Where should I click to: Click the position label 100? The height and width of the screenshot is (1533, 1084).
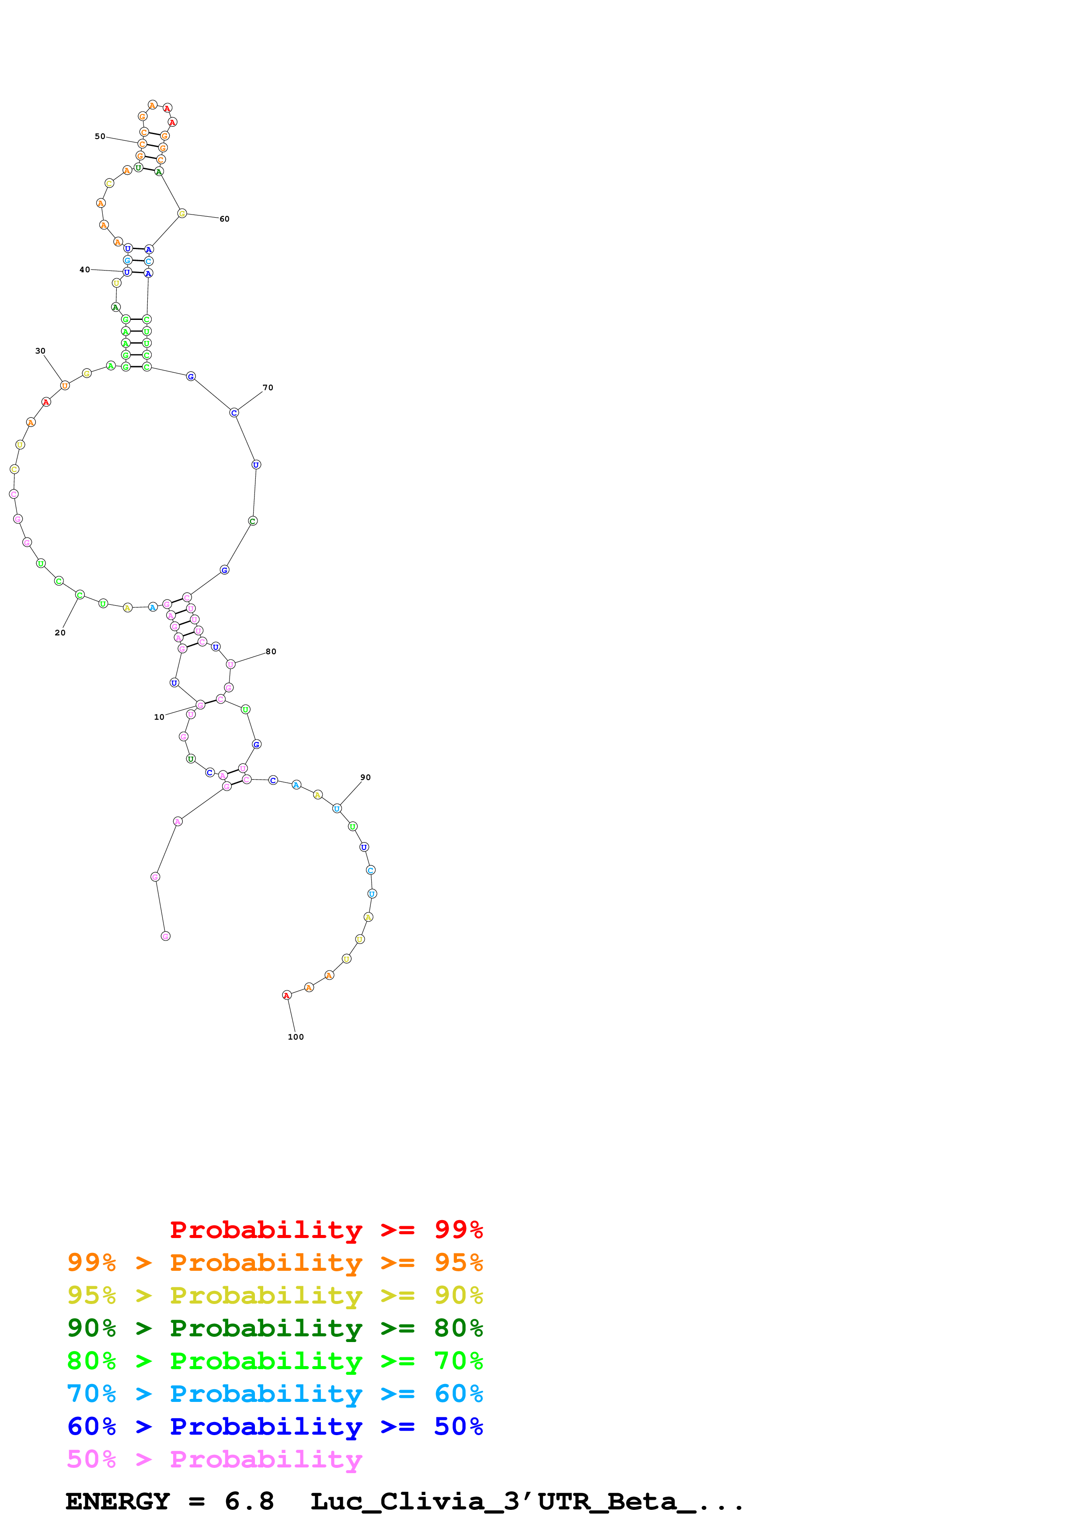click(x=295, y=1037)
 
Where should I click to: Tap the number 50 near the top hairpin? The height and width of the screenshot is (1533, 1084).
click(x=100, y=136)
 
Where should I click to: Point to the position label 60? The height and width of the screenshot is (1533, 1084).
click(x=224, y=219)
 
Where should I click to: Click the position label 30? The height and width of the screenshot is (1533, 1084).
click(x=40, y=350)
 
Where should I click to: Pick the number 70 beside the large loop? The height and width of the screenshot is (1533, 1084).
click(x=268, y=387)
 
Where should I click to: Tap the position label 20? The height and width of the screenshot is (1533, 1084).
click(x=60, y=632)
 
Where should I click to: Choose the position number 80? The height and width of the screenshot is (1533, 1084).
click(x=271, y=652)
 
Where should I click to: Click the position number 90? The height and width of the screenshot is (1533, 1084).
click(x=365, y=777)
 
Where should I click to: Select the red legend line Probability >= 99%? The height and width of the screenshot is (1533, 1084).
click(x=326, y=1230)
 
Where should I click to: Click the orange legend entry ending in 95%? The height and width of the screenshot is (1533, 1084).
click(x=275, y=1262)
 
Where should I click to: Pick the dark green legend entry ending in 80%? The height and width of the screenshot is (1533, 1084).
click(x=275, y=1328)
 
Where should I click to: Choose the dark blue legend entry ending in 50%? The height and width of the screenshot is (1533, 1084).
click(x=275, y=1426)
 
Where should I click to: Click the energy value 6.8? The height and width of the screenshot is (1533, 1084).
click(x=249, y=1502)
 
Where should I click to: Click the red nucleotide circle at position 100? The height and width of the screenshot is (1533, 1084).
click(x=286, y=995)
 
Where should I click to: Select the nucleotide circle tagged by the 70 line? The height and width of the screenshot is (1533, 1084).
click(x=234, y=413)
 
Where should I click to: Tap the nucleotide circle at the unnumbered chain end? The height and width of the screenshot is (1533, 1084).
click(x=166, y=936)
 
